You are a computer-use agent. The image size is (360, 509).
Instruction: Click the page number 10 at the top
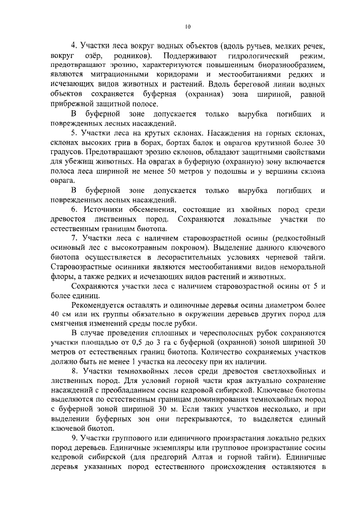pyautogui.click(x=188, y=26)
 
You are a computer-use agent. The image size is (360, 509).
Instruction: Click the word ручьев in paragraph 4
pyautogui.click(x=272, y=46)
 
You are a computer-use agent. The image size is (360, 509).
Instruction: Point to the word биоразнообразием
pyautogui.click(x=290, y=65)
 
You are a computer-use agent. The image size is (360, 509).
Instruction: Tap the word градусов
pyautogui.click(x=66, y=152)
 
